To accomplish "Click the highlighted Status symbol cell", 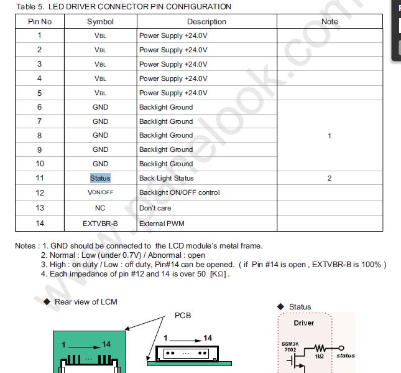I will point(100,178).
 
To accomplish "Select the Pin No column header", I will point(39,21).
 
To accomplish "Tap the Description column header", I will point(206,21).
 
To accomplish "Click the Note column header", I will point(330,21).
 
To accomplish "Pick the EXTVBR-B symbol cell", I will point(100,223).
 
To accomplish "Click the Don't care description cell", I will point(155,208).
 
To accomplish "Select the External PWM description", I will point(162,223).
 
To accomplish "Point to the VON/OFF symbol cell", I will point(100,192).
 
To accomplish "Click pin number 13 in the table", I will point(39,208).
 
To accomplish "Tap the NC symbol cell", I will point(100,208).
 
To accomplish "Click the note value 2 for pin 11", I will point(330,178).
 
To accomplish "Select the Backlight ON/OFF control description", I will point(179,192).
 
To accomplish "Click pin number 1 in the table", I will point(39,35).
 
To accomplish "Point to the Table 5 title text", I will point(124,7).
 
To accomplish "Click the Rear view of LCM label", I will point(86,302).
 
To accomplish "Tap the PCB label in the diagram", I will point(182,316).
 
